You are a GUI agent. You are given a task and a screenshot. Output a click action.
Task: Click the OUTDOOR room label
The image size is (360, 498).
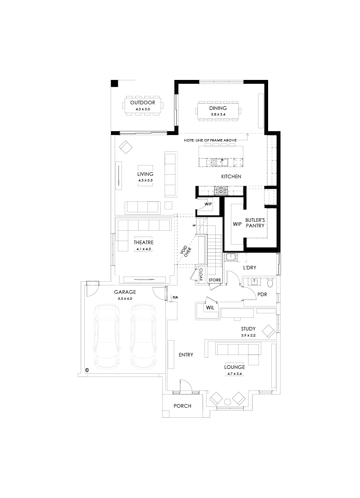pyautogui.click(x=142, y=103)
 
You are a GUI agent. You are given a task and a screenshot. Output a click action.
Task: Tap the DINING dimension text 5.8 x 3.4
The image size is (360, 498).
pyautogui.click(x=218, y=115)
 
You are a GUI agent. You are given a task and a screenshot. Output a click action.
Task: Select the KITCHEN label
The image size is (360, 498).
pyautogui.click(x=231, y=176)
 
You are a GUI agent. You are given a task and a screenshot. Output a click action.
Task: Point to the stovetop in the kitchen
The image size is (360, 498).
pyautogui.click(x=220, y=191)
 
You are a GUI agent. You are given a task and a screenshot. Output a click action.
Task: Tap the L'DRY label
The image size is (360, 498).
pyautogui.click(x=250, y=267)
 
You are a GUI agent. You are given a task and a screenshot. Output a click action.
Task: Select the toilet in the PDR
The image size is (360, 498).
pyautogui.click(x=270, y=283)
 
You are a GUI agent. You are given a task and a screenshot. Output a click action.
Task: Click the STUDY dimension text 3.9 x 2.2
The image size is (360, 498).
pyautogui.click(x=248, y=335)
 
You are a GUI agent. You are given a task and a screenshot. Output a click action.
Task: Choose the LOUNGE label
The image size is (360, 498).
pyautogui.click(x=235, y=367)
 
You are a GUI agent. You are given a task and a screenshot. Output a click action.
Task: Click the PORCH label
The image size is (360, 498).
pyautogui.click(x=182, y=406)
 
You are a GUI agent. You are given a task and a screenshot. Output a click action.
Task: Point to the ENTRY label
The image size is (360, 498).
pyautogui.click(x=186, y=355)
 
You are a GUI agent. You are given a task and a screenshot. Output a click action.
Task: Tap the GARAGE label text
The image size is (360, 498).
pyautogui.click(x=125, y=292)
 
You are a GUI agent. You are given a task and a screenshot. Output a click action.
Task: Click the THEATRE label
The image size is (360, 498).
pyautogui.click(x=143, y=242)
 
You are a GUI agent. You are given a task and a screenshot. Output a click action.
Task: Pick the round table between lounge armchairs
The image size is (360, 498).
pyautogui.click(x=227, y=401)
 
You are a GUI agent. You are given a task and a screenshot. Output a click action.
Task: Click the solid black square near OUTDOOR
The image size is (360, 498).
pyautogui.click(x=115, y=83)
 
